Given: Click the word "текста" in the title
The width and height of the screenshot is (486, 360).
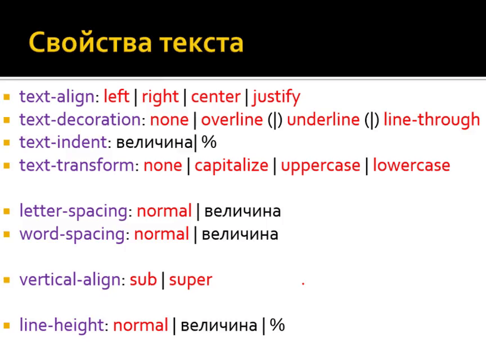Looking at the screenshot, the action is (202, 43).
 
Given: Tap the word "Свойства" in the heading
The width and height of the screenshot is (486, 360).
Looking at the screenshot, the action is (90, 42).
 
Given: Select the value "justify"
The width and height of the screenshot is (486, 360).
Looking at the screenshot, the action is (276, 97).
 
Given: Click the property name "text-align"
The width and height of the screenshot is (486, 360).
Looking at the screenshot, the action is (57, 96).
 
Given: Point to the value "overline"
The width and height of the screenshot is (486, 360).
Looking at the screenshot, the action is (232, 119).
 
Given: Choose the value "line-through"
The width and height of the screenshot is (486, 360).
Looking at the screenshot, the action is (432, 119).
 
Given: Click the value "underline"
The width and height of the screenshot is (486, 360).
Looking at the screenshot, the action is (323, 119).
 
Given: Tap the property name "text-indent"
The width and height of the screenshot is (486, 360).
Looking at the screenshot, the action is (63, 142).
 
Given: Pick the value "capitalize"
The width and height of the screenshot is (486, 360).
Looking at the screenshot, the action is (231, 165).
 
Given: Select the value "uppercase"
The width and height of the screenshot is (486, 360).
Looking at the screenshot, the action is (321, 166).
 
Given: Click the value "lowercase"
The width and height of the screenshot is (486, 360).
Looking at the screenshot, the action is (411, 165).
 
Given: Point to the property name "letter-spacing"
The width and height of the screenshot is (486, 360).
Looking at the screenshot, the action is (74, 211).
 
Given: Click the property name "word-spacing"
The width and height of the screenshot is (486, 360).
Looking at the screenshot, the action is (72, 235).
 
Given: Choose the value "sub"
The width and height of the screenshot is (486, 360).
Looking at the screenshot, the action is (143, 280).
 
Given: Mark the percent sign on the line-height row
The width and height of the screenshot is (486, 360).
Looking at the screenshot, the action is (277, 325).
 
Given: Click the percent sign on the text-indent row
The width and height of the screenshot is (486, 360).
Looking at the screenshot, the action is (209, 142).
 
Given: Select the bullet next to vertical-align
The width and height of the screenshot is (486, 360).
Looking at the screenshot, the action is (7, 280).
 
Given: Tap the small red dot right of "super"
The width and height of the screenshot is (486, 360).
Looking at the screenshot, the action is (303, 283).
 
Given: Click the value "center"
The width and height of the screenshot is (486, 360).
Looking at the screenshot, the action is (216, 97).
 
